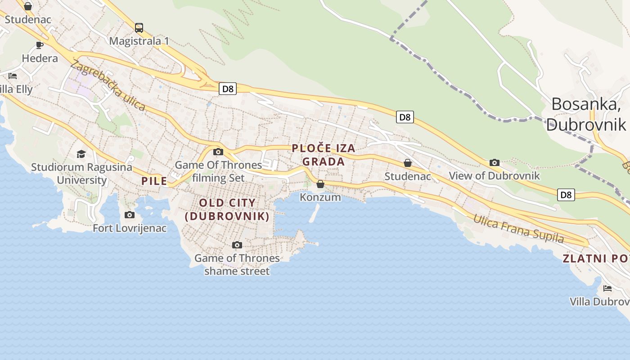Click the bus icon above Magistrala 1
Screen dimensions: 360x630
coord(139,28)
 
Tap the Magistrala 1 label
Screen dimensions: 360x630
coord(139,41)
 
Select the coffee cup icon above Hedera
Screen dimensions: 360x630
coord(40,45)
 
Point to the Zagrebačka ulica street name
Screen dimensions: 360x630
coord(108,85)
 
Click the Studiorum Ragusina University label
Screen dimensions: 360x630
coord(81,174)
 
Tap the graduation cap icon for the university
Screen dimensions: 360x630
coord(81,154)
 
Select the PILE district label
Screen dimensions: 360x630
coord(154,181)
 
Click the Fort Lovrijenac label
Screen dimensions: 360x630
coord(130,228)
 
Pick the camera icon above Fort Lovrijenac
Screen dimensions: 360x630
coord(130,215)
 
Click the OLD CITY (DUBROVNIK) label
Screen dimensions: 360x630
coord(227,209)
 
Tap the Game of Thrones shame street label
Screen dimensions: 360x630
coord(237,265)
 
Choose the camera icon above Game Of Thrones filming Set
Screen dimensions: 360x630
coord(218,152)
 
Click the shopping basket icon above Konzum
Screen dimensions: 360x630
coord(320,184)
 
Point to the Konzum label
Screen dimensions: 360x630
coord(320,197)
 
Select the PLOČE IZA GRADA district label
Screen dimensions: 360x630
coord(324,155)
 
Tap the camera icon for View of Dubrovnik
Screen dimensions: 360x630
coord(495,163)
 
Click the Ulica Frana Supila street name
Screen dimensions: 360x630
coord(518,229)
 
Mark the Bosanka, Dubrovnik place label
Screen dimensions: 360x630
coord(586,114)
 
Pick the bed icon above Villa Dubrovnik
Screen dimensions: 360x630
coord(607,288)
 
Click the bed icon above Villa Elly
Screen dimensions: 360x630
coord(13,76)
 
